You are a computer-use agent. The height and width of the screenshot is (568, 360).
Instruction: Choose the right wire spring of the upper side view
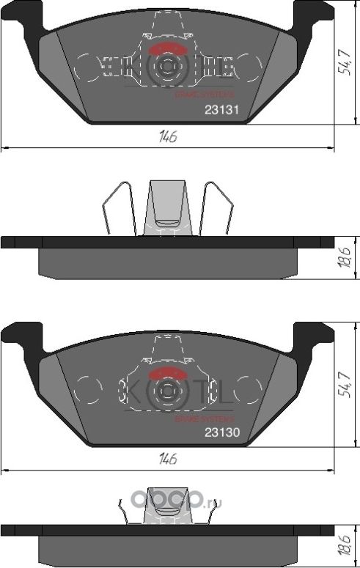coord(218,209)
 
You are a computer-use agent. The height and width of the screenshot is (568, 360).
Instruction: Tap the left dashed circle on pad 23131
coord(88,68)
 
